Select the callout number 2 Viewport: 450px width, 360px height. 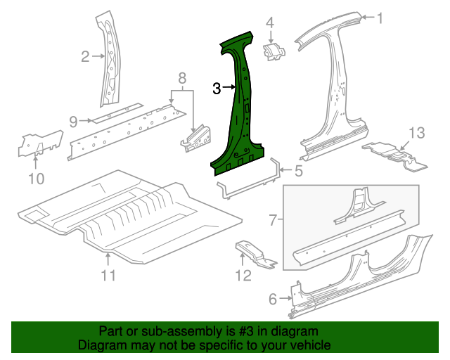85,57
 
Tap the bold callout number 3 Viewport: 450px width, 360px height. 217,88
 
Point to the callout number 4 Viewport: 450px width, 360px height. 269,23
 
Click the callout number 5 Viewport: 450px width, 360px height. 298,170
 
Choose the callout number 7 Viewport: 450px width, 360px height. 274,221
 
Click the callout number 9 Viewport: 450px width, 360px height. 73,122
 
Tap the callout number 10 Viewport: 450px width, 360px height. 36,179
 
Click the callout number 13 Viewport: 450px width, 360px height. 417,132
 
